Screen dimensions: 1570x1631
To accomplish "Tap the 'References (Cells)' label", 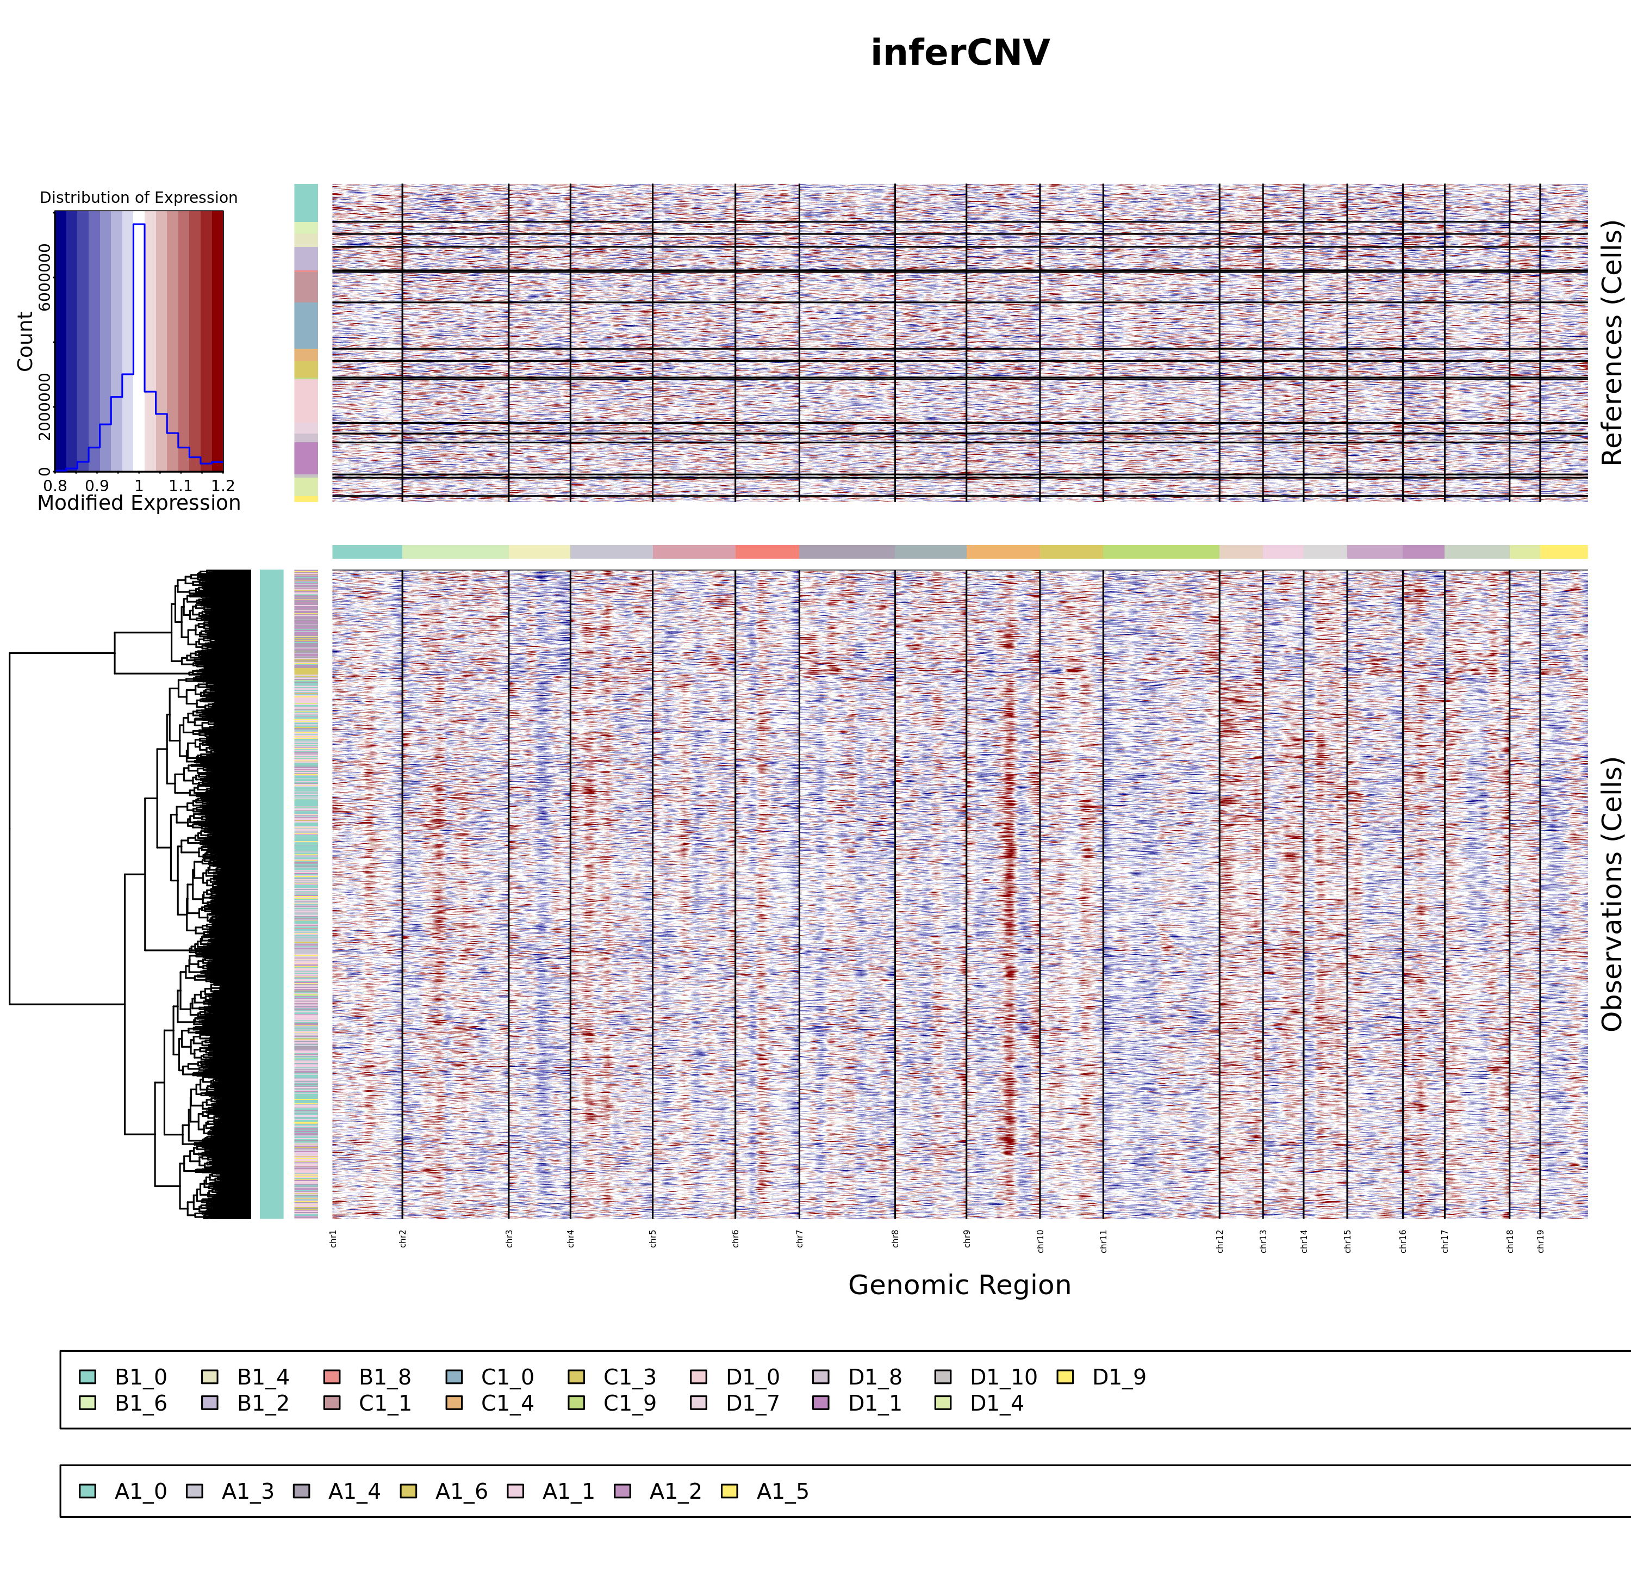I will click(x=1611, y=342).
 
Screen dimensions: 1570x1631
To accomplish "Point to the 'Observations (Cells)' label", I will click(x=1611, y=894).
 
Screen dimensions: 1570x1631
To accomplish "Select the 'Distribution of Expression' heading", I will click(x=139, y=197).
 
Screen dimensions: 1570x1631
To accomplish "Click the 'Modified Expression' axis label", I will click(x=139, y=503).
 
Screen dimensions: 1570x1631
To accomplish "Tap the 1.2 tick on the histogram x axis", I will click(x=222, y=485).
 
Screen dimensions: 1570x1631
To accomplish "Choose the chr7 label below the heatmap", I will click(x=800, y=1238).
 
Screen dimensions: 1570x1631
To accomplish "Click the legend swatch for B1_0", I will click(x=88, y=1377).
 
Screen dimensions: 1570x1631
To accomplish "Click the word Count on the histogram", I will click(x=25, y=341).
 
